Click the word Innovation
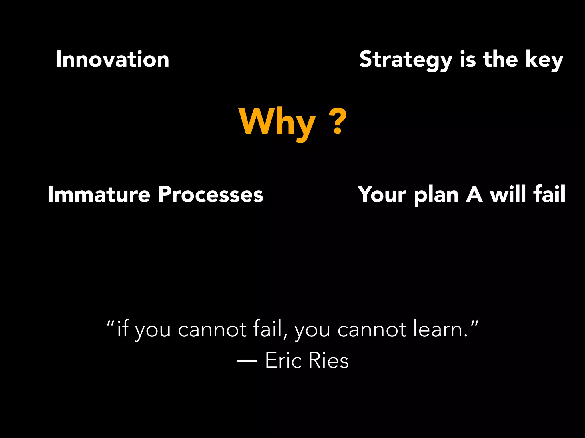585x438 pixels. tap(113, 59)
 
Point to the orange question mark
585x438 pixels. tap(338, 121)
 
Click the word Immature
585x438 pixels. tap(99, 194)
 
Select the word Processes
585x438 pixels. tap(211, 194)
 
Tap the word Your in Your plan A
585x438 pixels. tap(382, 194)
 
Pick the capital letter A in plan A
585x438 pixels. tap(474, 194)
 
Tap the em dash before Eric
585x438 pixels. tap(247, 361)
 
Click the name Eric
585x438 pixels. tap(283, 360)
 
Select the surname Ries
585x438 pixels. tap(328, 360)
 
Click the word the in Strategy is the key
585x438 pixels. tap(500, 59)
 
